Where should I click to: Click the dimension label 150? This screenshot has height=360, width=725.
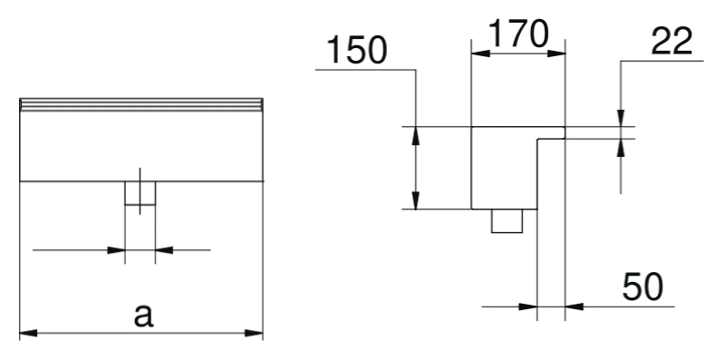(x=356, y=51)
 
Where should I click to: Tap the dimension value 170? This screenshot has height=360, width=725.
(x=518, y=34)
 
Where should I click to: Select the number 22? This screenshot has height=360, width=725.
(x=672, y=41)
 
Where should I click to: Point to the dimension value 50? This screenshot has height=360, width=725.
(x=643, y=287)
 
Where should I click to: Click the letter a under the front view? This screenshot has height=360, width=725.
(x=143, y=316)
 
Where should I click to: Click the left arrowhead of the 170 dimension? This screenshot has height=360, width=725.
(x=480, y=54)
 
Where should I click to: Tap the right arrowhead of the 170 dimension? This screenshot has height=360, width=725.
(x=556, y=54)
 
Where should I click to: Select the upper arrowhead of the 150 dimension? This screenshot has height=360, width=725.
(x=416, y=136)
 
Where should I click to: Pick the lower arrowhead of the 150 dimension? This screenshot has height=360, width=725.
(x=416, y=199)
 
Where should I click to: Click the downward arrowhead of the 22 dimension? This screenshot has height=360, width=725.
(x=621, y=118)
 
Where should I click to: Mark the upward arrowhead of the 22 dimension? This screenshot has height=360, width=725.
(x=621, y=147)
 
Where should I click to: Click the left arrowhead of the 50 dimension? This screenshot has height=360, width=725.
(x=528, y=306)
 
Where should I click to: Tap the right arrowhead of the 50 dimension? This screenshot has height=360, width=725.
(x=575, y=306)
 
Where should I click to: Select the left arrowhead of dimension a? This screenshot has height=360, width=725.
(x=29, y=333)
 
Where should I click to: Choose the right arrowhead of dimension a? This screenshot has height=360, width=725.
(x=254, y=333)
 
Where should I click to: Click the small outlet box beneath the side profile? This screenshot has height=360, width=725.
(x=507, y=220)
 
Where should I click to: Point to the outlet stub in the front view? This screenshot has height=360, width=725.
(x=140, y=192)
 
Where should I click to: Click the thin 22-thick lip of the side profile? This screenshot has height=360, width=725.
(x=551, y=132)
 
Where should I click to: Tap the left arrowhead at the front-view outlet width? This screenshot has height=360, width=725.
(x=116, y=250)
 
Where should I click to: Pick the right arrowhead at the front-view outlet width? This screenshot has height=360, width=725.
(x=164, y=250)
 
